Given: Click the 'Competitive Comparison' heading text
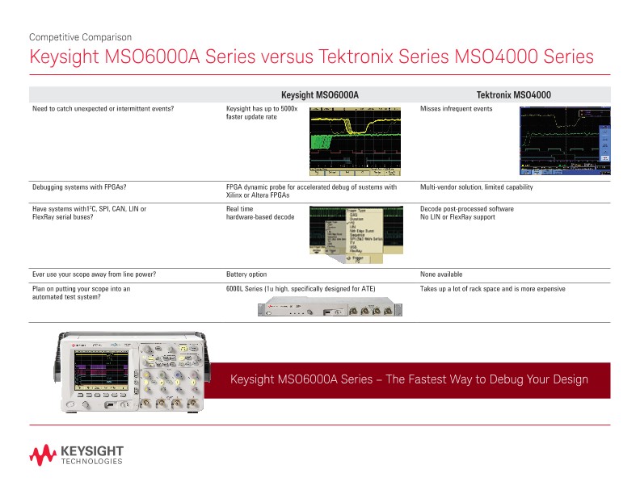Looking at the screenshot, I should point(80,37).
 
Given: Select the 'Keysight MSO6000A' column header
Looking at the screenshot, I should point(319,95).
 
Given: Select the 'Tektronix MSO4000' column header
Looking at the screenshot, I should point(514,95).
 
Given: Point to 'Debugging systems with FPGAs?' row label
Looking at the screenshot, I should point(79,187).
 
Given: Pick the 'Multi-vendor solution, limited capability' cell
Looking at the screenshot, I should point(477,187).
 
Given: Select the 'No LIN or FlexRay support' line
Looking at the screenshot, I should point(457,217).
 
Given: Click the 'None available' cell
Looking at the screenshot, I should point(441,274).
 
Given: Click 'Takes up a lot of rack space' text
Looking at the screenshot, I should point(469,289).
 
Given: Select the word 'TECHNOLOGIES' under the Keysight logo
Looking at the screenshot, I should point(92,462).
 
